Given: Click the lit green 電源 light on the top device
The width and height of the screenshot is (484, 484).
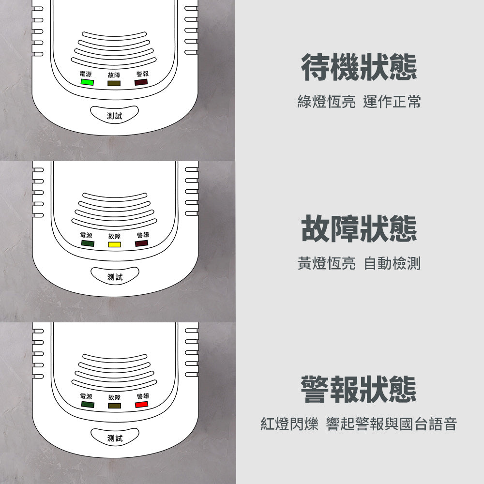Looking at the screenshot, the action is pyautogui.click(x=87, y=82).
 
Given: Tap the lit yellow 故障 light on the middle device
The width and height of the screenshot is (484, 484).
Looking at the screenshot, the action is pyautogui.click(x=114, y=244).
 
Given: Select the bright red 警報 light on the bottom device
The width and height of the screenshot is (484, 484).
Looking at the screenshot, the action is pyautogui.click(x=141, y=404).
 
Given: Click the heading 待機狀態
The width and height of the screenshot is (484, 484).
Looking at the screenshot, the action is pyautogui.click(x=359, y=67).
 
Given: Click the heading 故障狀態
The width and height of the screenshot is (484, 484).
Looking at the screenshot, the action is pyautogui.click(x=359, y=228).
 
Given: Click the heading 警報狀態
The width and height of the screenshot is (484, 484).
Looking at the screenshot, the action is pyautogui.click(x=359, y=389).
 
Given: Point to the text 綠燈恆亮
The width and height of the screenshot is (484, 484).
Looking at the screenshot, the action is pyautogui.click(x=327, y=102).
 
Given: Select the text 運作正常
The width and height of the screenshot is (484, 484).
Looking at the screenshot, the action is pyautogui.click(x=392, y=102).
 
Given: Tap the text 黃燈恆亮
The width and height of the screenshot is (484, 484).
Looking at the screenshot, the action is pyautogui.click(x=327, y=263).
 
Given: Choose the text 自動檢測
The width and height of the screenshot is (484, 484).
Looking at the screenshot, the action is pyautogui.click(x=392, y=263).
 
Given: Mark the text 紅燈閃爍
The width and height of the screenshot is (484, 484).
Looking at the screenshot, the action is pyautogui.click(x=289, y=423).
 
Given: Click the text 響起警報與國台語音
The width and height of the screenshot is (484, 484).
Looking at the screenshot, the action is pyautogui.click(x=392, y=423).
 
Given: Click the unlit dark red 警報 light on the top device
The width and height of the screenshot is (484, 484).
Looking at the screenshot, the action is pyautogui.click(x=141, y=82).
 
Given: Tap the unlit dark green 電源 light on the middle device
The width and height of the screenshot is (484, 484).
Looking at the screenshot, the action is pyautogui.click(x=88, y=243).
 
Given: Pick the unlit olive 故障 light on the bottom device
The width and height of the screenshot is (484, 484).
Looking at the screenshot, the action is pyautogui.click(x=114, y=406).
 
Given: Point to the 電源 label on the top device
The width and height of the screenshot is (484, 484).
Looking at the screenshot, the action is pyautogui.click(x=86, y=74).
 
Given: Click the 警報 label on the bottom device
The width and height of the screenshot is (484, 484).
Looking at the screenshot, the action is pyautogui.click(x=143, y=396).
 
